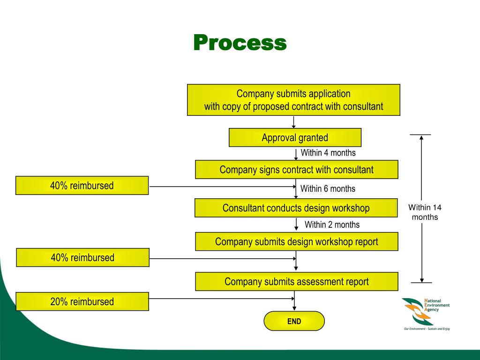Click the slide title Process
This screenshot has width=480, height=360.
[x=240, y=43]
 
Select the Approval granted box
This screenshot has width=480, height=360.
[x=295, y=138]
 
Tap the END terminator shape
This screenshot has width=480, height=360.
[x=294, y=321]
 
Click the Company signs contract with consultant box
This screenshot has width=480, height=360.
[x=296, y=170]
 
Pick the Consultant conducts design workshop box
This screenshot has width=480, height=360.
[x=296, y=208]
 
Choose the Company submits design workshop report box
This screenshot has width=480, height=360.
[x=296, y=242]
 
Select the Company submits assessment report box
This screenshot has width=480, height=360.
[x=296, y=282]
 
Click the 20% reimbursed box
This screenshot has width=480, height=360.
[x=82, y=302]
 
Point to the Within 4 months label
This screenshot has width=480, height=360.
[x=328, y=153]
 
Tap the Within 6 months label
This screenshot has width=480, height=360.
[x=328, y=189]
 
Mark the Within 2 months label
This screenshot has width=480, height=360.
[x=332, y=225]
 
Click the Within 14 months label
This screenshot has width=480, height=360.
[x=425, y=212]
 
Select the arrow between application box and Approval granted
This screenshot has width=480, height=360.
[x=293, y=122]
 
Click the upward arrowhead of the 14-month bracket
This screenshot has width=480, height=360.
[x=421, y=138]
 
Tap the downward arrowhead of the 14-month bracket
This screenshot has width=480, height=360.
[x=422, y=280]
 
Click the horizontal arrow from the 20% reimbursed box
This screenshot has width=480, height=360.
[x=220, y=299]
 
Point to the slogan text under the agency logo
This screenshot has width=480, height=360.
[x=427, y=329]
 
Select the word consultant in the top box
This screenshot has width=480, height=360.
[x=363, y=106]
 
